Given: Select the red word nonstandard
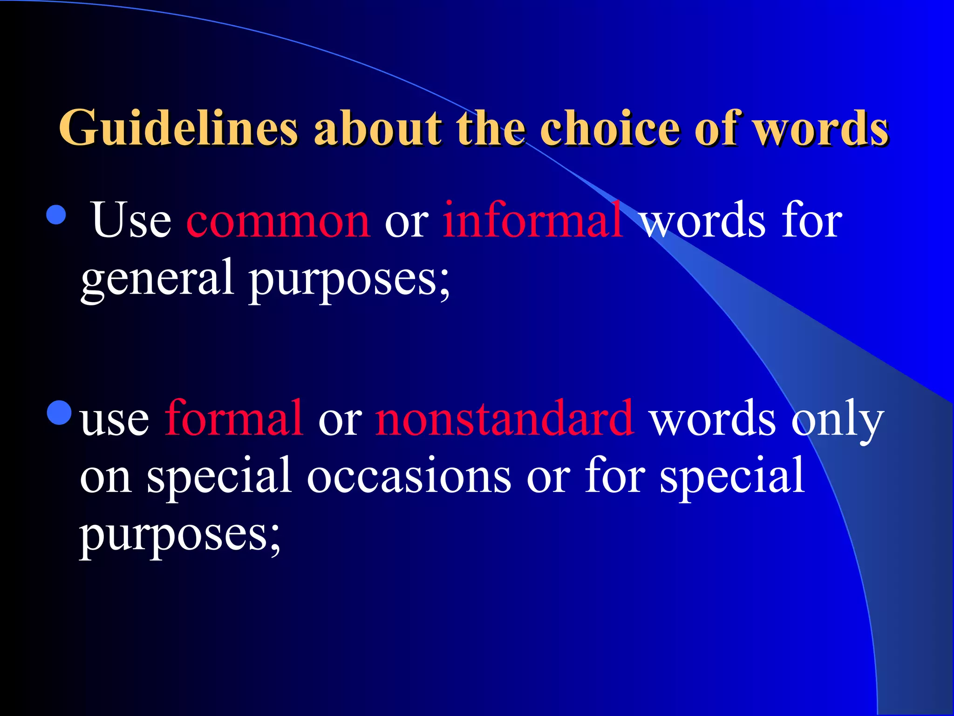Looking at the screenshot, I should coord(504,418).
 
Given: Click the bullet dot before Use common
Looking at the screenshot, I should coord(56,215).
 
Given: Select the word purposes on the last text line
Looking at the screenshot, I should coord(180,536).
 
